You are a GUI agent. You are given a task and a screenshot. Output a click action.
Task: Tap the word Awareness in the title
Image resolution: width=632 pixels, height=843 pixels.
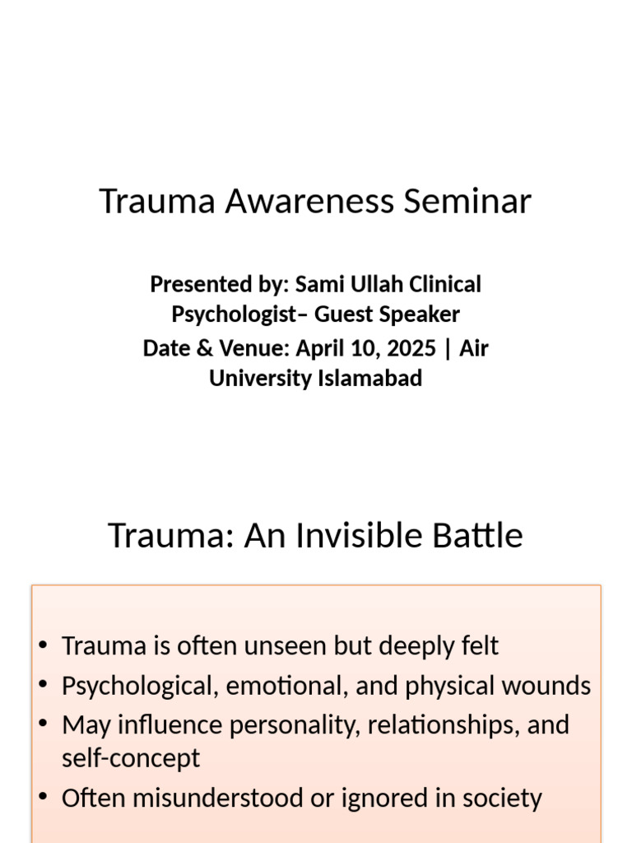(x=316, y=202)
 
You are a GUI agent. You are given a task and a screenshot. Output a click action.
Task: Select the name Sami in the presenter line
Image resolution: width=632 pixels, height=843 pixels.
(x=315, y=285)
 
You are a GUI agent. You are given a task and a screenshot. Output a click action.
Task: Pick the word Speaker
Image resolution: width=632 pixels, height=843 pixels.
(x=421, y=314)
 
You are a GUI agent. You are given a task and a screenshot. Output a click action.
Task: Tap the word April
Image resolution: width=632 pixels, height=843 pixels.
(x=319, y=348)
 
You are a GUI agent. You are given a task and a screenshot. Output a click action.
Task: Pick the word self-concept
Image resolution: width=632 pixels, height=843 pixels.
(x=131, y=758)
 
